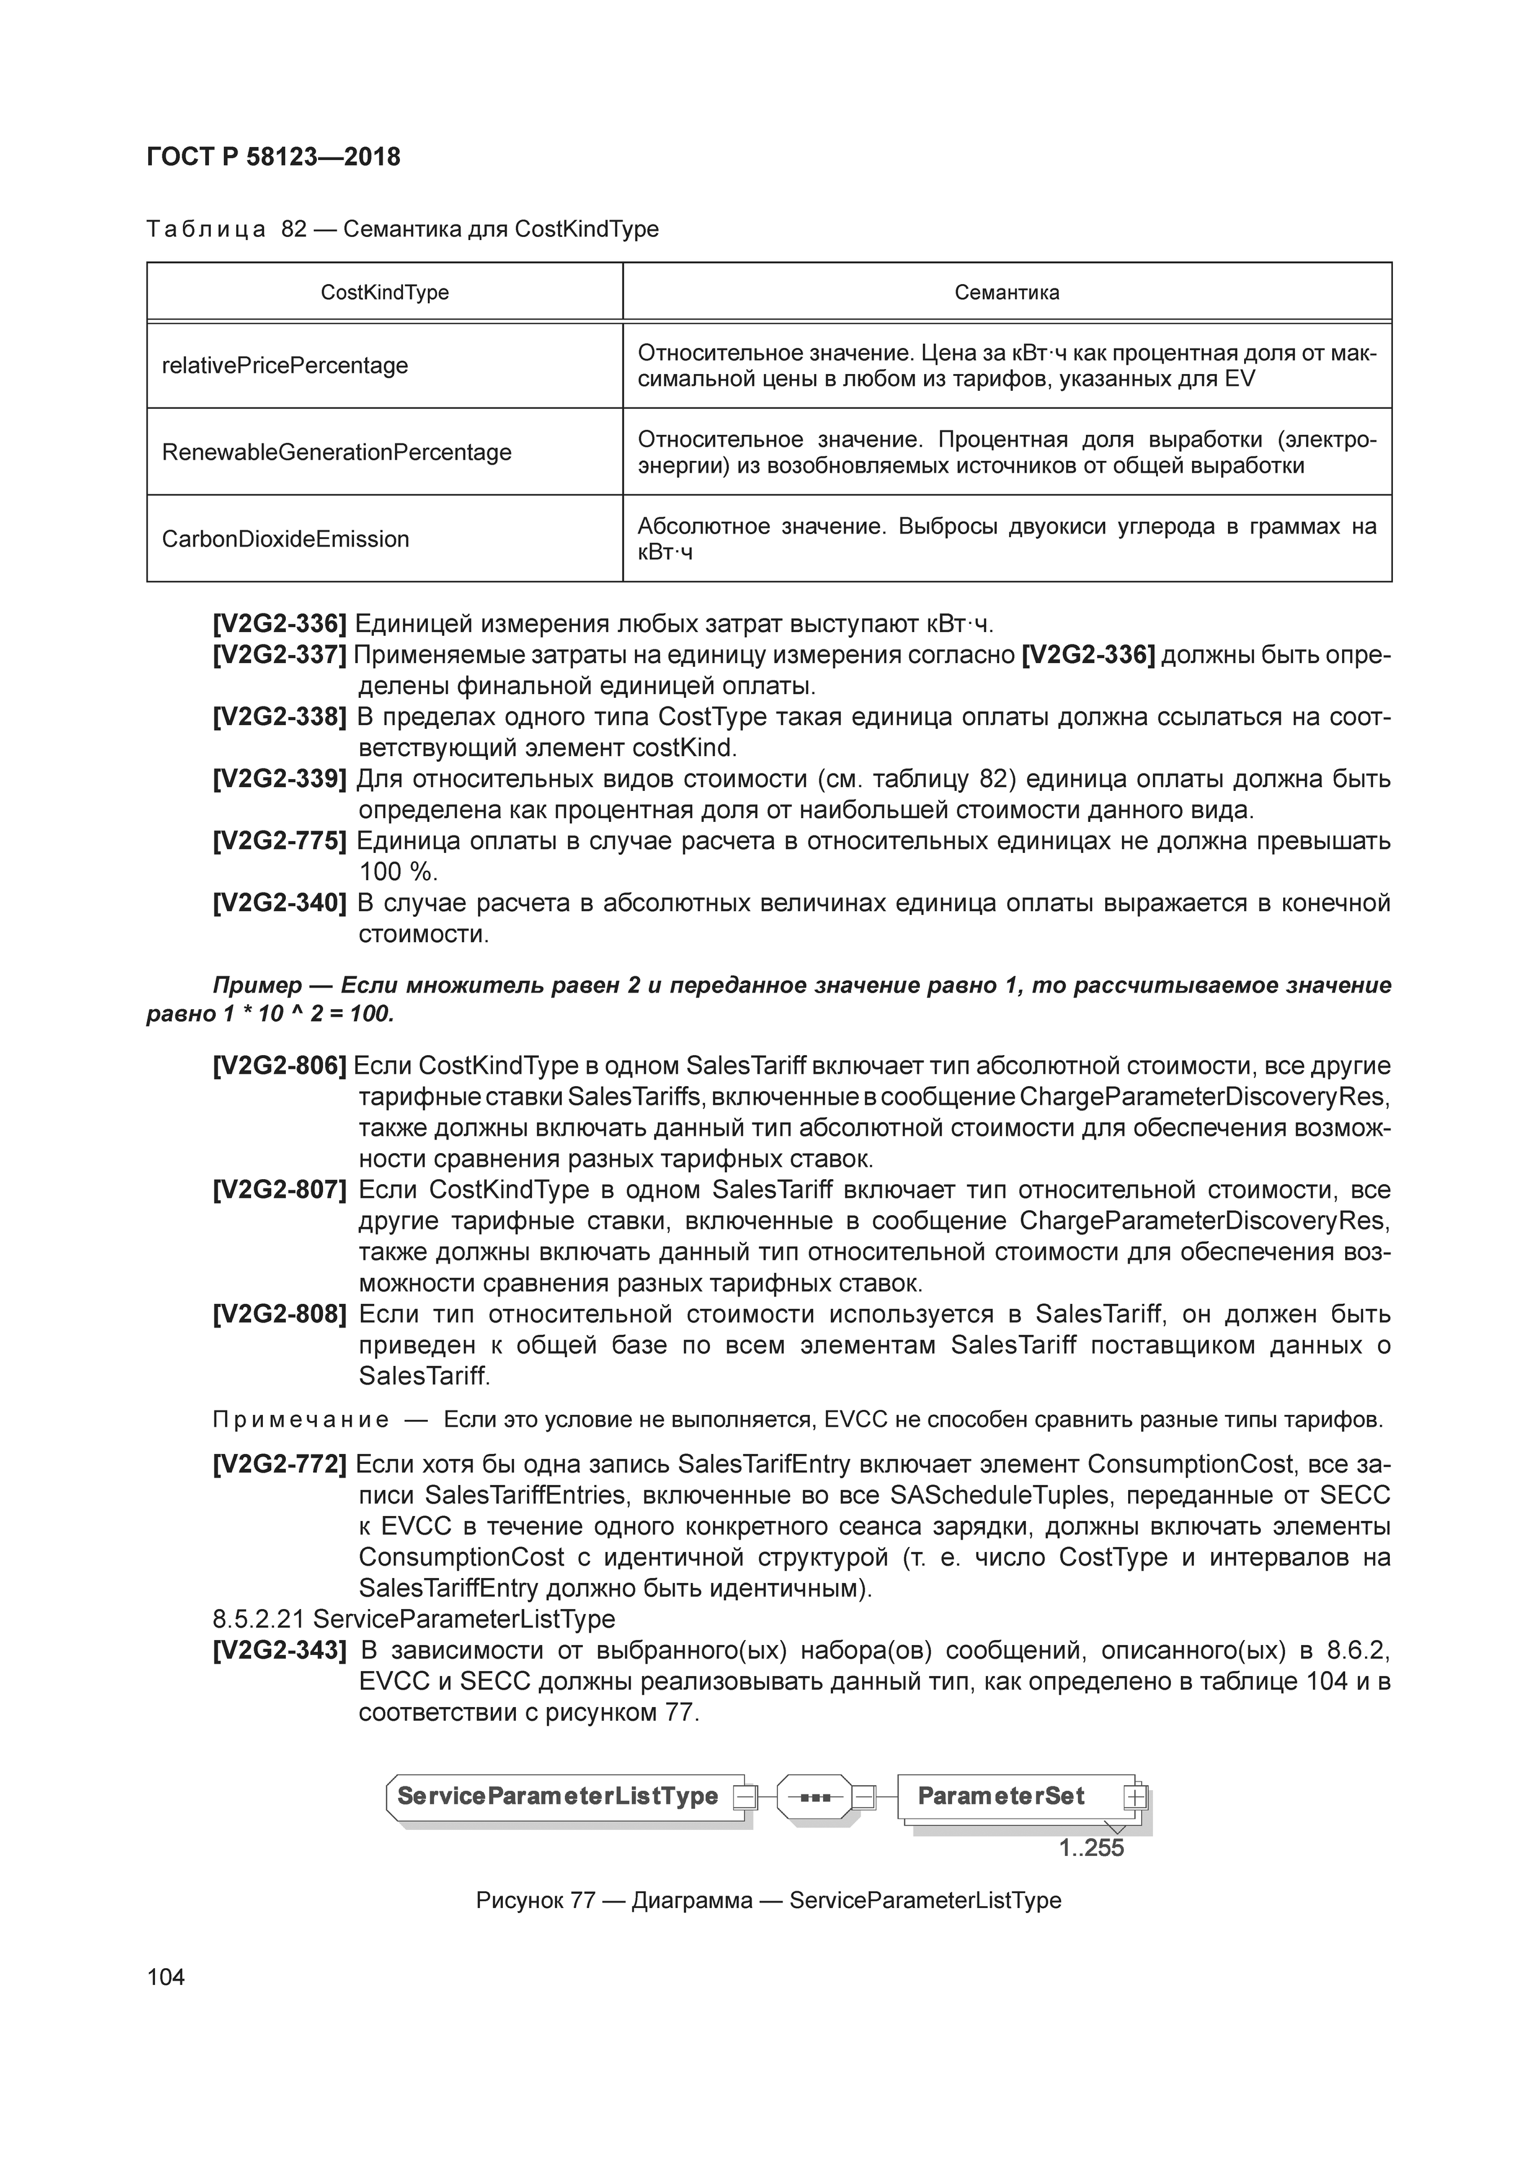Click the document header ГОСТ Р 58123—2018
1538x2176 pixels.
(x=274, y=158)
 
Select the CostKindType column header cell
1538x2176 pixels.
(x=384, y=293)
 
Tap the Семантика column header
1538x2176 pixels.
(x=1007, y=293)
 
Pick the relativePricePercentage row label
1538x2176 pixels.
(x=285, y=366)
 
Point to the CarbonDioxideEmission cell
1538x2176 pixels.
(x=285, y=539)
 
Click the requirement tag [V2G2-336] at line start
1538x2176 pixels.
(x=280, y=625)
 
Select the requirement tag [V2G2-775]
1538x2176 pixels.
(x=280, y=841)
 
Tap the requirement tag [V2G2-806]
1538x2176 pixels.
(x=280, y=1066)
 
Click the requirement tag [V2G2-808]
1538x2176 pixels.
(x=280, y=1314)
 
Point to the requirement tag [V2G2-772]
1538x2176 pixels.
(x=280, y=1465)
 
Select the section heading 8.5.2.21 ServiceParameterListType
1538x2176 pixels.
(x=414, y=1619)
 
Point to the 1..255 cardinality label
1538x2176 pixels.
(x=1091, y=1848)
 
